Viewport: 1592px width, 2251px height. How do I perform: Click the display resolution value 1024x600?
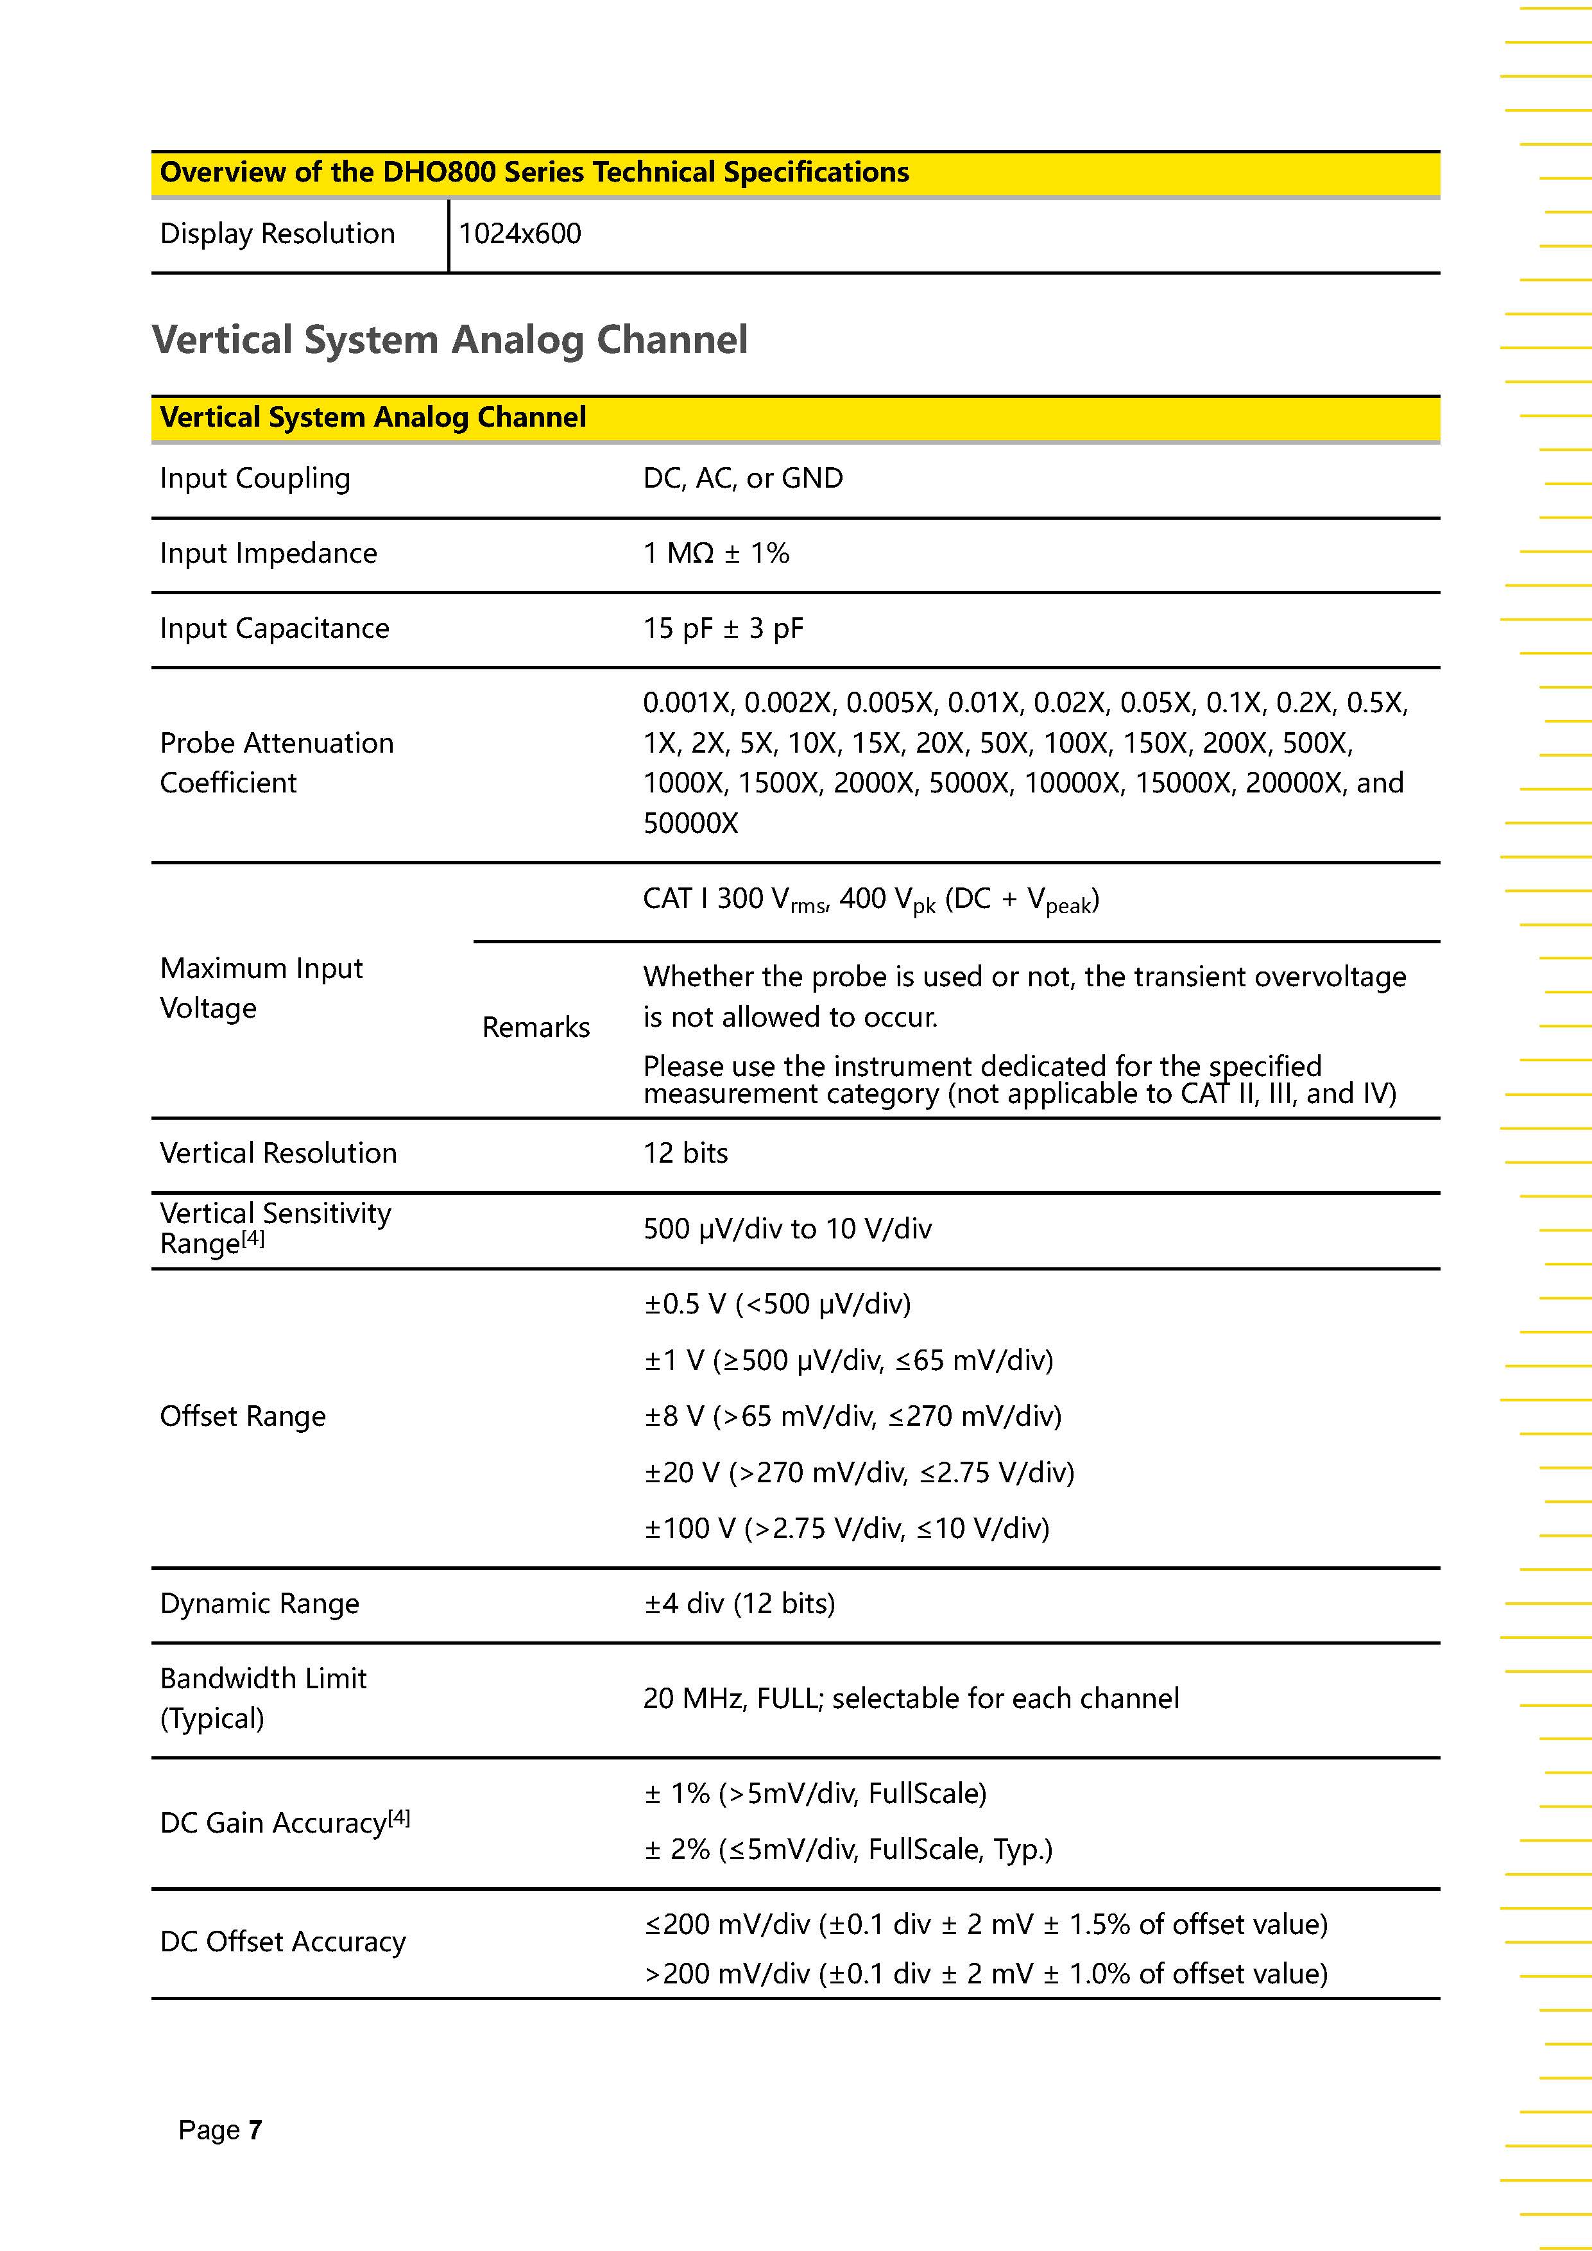coord(520,234)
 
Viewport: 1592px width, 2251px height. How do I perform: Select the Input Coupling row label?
coord(255,479)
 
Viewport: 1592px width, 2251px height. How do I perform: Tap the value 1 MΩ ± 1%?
coord(715,553)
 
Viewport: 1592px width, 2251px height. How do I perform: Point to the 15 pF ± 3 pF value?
coord(723,628)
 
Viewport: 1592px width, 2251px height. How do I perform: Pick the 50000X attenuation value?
coord(690,823)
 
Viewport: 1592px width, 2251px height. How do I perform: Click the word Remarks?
coord(535,1027)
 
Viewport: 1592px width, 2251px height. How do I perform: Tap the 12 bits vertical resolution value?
coord(685,1153)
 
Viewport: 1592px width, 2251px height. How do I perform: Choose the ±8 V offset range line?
coord(852,1416)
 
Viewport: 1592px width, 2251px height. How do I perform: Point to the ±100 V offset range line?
coord(846,1528)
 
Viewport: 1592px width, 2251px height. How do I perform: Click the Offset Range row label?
coord(242,1417)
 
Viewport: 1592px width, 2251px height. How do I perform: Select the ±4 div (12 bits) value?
coord(739,1604)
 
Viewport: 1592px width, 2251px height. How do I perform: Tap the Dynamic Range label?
coord(259,1604)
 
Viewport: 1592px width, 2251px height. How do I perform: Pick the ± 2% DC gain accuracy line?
coord(848,1850)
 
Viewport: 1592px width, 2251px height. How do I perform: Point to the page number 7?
coord(255,2130)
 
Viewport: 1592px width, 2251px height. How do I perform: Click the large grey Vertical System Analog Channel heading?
coord(449,339)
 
